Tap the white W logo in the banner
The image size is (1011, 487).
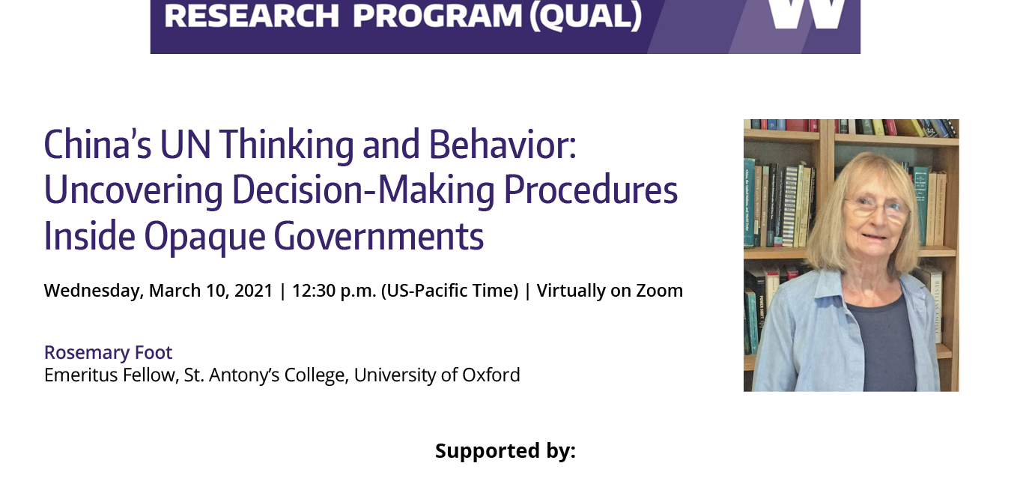point(806,14)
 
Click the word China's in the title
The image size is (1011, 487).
point(97,145)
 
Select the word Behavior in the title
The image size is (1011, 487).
point(498,145)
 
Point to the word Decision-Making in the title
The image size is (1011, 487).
point(364,190)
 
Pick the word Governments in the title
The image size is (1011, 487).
point(379,236)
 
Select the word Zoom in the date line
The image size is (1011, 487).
point(660,291)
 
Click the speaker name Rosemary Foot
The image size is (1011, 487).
point(109,352)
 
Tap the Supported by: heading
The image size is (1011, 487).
point(506,451)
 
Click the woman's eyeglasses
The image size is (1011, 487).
point(876,208)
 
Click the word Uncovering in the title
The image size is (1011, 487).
point(133,191)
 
